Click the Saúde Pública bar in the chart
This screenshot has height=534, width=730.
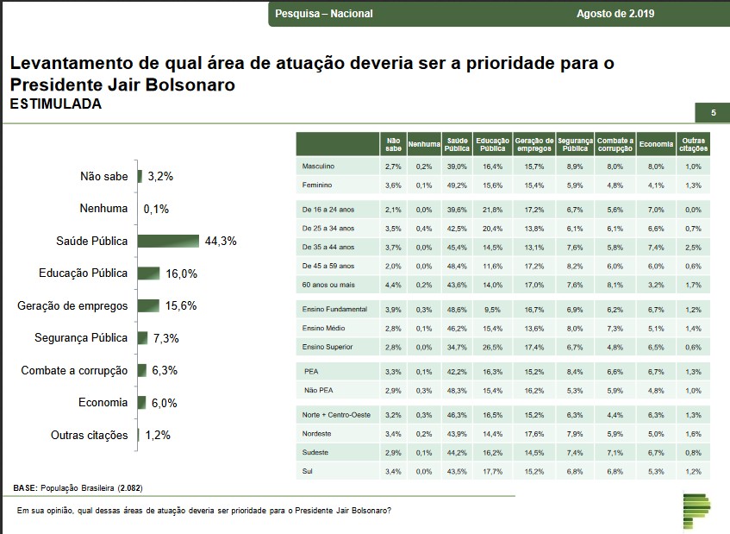169,241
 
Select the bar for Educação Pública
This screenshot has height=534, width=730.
148,273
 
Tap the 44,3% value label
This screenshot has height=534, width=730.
220,242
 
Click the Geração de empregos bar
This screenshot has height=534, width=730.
148,306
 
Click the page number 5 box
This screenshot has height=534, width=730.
713,113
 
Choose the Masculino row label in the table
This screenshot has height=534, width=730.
318,166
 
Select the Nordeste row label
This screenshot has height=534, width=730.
317,433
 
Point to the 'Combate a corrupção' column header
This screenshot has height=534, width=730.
615,144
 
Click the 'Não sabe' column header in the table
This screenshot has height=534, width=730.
393,144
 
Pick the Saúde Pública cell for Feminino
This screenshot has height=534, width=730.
457,185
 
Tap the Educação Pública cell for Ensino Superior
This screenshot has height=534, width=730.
493,347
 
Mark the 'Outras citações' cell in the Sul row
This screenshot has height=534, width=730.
693,471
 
